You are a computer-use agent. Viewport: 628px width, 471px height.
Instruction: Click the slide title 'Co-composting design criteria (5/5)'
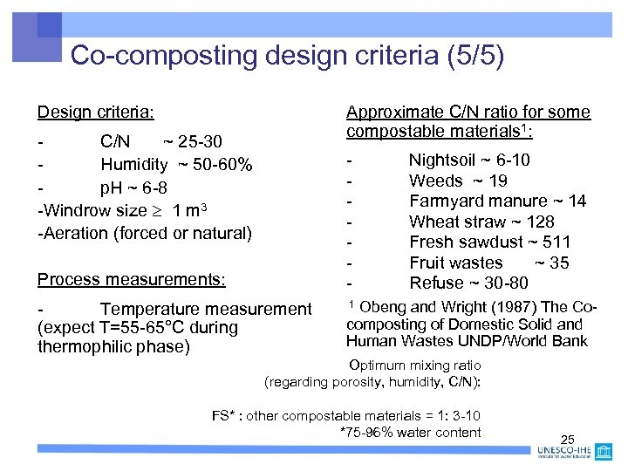click(287, 56)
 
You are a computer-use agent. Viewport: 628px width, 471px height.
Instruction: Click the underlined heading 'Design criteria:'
click(96, 113)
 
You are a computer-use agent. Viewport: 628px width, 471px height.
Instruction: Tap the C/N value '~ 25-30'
click(193, 141)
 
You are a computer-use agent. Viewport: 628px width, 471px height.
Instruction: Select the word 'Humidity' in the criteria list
click(134, 165)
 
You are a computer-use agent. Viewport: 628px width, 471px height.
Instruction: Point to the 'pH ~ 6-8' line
click(133, 188)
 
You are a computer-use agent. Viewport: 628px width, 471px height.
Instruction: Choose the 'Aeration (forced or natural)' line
click(144, 233)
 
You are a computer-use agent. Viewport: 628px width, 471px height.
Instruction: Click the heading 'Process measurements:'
click(131, 280)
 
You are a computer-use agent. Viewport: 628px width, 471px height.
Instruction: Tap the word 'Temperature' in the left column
click(149, 309)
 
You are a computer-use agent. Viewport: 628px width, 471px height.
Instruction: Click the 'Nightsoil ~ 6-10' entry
click(469, 160)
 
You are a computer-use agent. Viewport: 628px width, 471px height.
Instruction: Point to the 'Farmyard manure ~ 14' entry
click(497, 201)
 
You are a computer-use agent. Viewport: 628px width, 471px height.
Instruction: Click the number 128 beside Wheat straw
click(540, 222)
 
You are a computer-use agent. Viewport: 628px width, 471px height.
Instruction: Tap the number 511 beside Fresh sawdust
click(556, 242)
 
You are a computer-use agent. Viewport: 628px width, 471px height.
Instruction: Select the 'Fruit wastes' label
click(456, 263)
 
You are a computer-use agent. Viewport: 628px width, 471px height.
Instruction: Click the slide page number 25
click(568, 439)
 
